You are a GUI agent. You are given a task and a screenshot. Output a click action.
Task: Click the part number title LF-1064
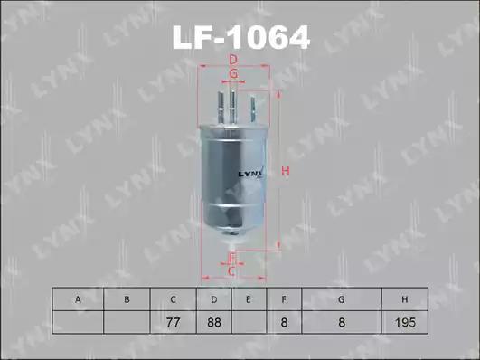tap(241, 37)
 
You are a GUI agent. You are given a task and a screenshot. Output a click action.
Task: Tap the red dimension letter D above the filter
tap(233, 60)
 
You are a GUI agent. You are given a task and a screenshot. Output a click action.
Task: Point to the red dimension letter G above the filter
tap(233, 73)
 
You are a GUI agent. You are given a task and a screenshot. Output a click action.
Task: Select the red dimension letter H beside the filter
tap(286, 171)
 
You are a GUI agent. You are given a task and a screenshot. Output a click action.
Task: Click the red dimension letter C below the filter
tap(231, 271)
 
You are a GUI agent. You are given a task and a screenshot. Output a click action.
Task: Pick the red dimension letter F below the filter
tap(232, 258)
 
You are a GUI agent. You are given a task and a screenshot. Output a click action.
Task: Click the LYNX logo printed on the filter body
tap(250, 174)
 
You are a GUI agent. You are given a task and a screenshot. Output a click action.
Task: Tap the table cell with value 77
tap(173, 322)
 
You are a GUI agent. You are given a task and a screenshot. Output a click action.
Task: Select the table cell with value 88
tap(214, 322)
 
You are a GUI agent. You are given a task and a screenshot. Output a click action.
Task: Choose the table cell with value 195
tap(405, 322)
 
